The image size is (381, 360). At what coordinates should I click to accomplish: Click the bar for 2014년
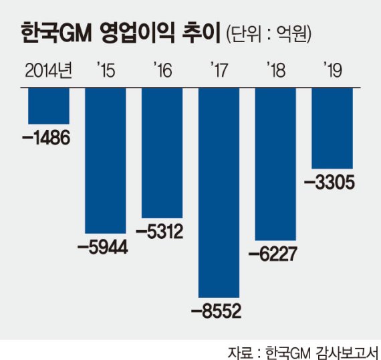48,106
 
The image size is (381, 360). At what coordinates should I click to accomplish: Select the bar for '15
105,161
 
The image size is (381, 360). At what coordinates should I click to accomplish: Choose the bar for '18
276,164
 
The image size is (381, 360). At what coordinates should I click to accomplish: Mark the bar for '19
332,127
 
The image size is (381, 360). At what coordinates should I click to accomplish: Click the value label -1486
45,139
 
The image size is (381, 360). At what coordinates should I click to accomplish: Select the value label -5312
158,232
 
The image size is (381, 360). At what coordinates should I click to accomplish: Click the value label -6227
273,254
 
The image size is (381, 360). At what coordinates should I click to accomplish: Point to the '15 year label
105,70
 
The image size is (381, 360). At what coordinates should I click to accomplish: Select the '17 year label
219,70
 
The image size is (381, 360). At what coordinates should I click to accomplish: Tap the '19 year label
332,70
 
